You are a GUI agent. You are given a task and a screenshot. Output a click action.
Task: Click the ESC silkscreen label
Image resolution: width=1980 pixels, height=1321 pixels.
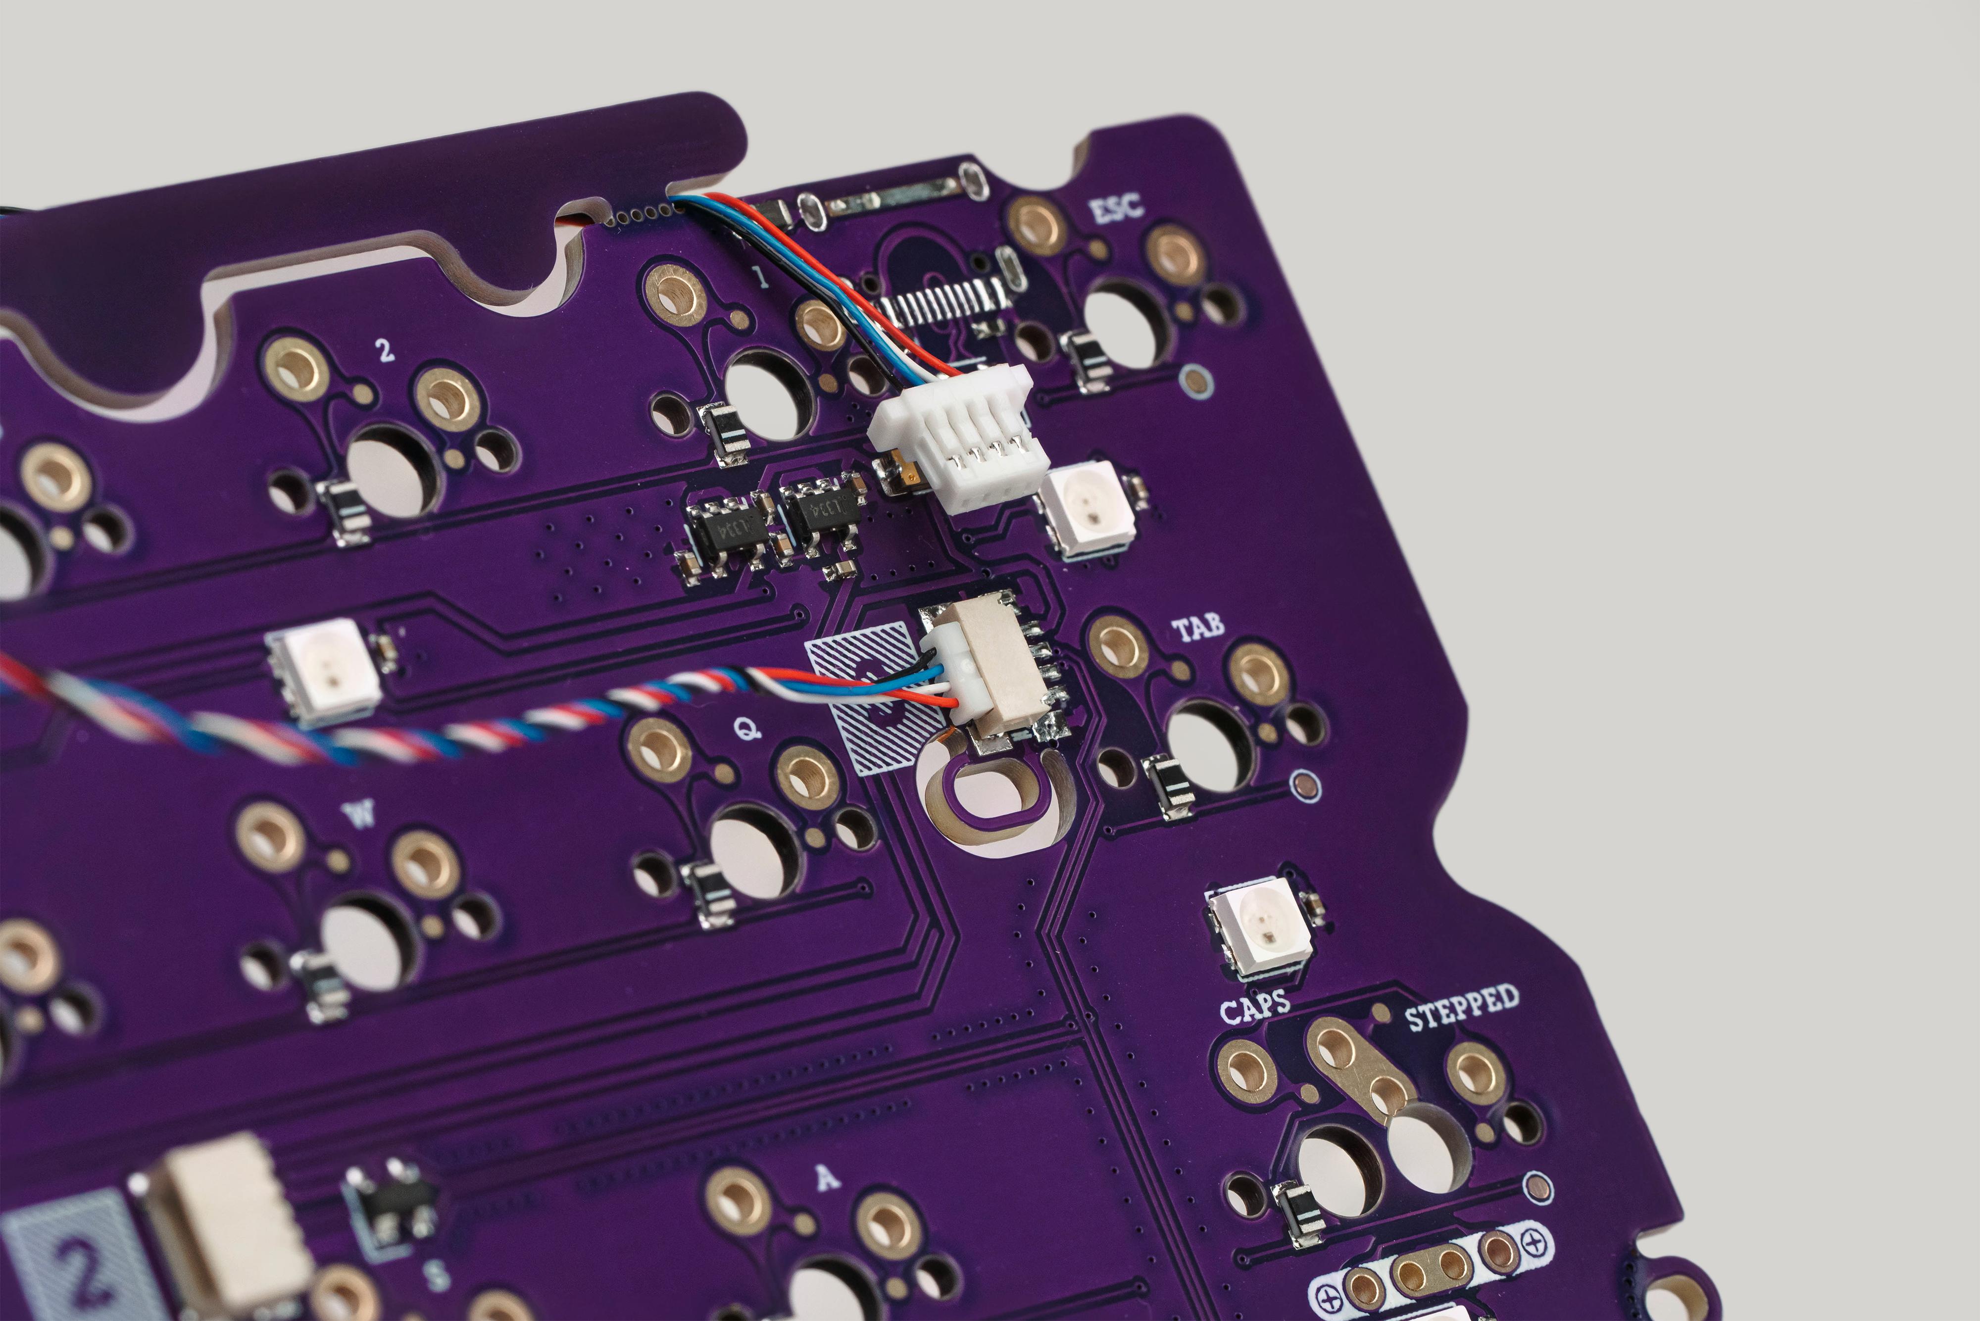pos(1116,208)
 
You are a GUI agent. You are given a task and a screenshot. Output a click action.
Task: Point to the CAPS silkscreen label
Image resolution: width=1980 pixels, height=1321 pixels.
pos(1254,1007)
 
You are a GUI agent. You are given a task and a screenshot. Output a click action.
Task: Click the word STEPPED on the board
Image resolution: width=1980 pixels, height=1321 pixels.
pos(1462,1007)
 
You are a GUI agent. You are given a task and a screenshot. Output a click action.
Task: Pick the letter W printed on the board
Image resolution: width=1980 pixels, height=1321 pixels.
pos(361,815)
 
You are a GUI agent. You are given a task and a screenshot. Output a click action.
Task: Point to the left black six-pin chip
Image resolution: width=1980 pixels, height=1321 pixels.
pos(726,533)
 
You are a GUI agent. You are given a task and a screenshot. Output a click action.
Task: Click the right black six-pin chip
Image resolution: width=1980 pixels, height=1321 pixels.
pos(822,511)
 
